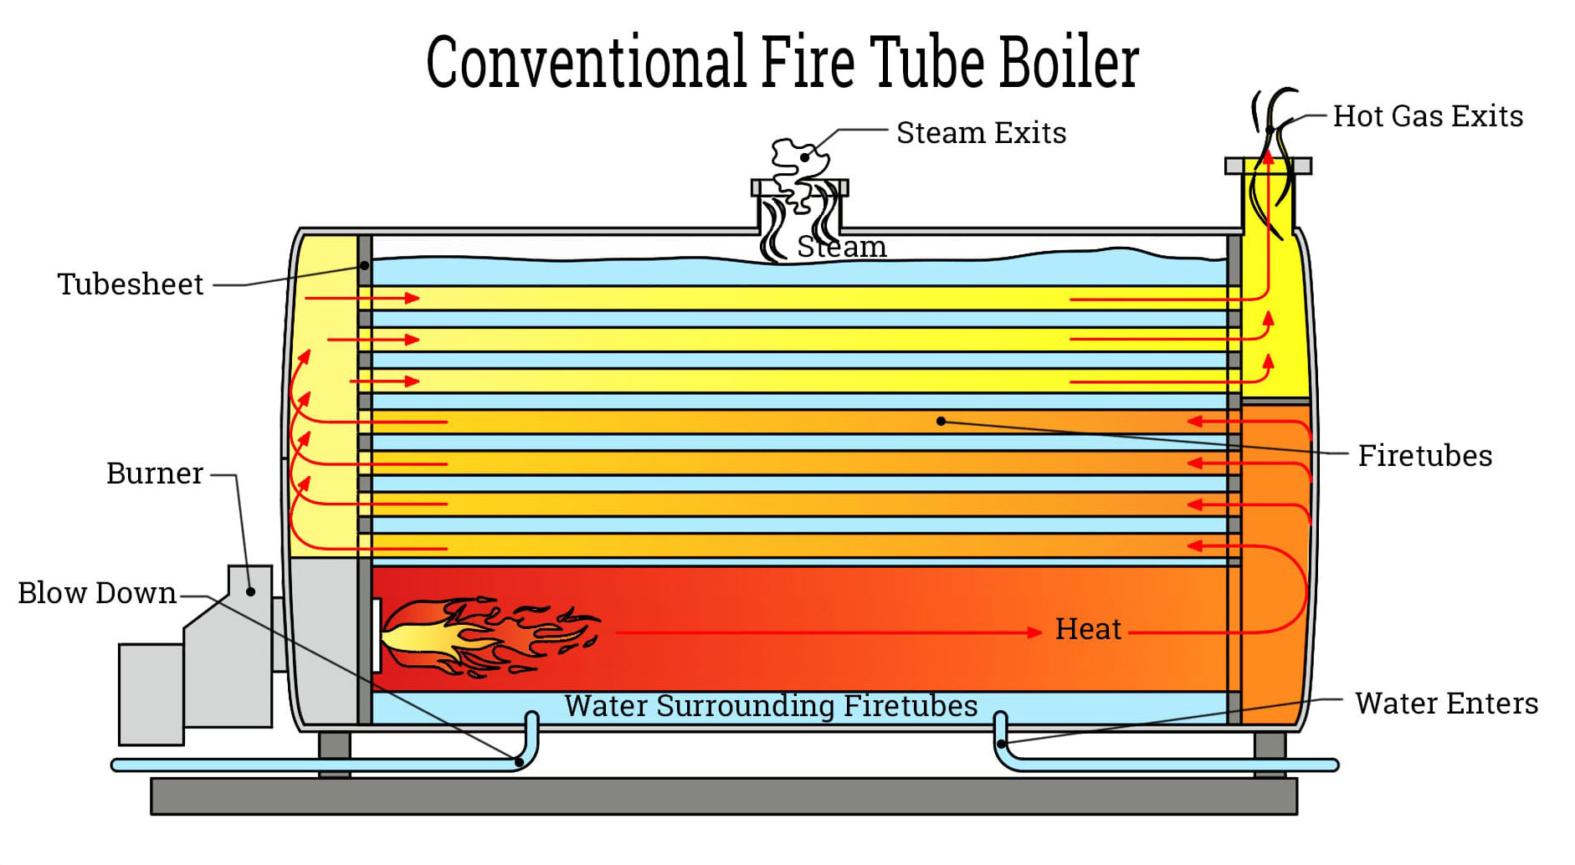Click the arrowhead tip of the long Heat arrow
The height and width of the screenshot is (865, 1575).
(1042, 632)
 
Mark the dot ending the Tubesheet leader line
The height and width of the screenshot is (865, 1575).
(365, 265)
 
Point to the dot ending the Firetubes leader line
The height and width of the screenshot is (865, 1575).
(941, 421)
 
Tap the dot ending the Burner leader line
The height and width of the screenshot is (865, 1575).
(250, 591)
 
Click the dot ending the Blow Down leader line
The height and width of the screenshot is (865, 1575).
(519, 761)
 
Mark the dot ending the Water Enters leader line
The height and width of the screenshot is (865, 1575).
(1002, 743)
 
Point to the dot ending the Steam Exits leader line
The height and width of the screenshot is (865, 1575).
(804, 156)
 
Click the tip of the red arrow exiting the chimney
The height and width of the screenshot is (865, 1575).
(1269, 150)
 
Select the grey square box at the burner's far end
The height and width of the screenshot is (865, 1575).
(151, 694)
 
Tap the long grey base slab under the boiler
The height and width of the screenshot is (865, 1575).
(724, 796)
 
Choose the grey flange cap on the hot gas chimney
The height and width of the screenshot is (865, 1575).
(1268, 166)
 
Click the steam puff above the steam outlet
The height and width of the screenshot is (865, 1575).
(799, 163)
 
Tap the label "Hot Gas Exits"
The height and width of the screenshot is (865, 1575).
(1428, 116)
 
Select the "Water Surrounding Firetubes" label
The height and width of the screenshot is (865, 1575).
(771, 705)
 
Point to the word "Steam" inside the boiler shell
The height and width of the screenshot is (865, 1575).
(841, 247)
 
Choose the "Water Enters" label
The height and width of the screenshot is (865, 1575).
(1446, 704)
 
